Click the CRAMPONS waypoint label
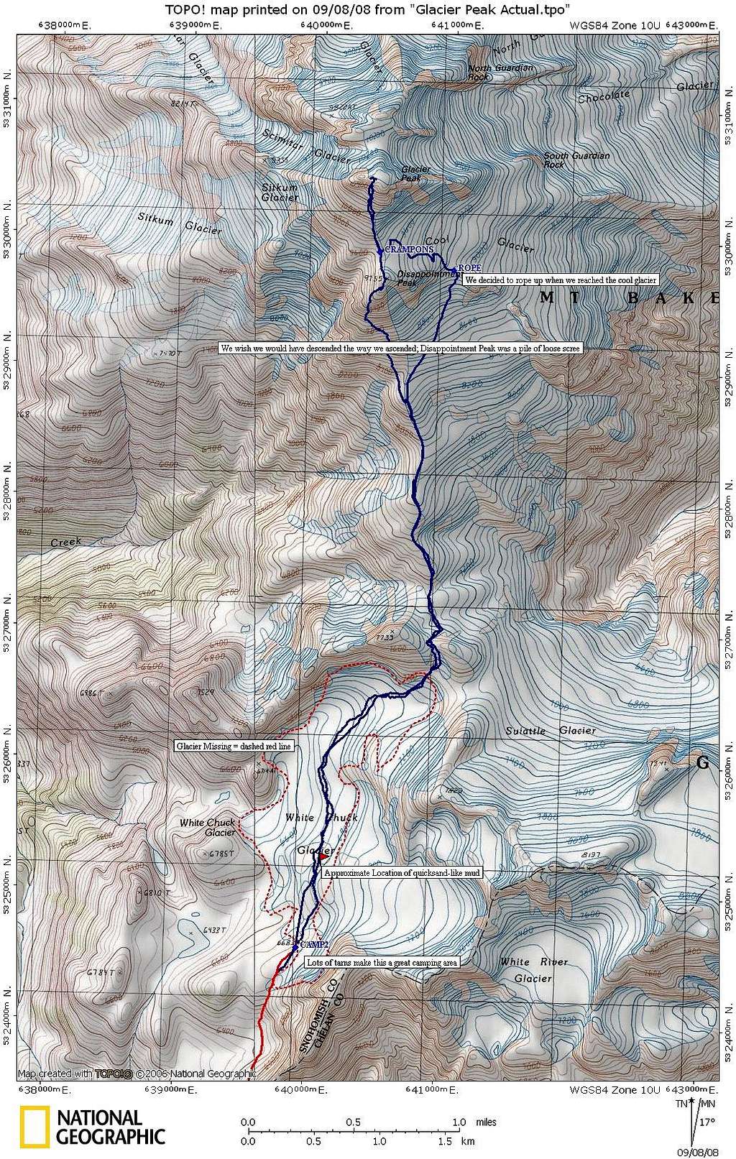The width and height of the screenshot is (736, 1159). pyautogui.click(x=409, y=249)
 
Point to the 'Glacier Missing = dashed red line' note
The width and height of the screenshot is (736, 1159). pyautogui.click(x=234, y=746)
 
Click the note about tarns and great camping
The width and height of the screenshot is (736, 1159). pyautogui.click(x=381, y=962)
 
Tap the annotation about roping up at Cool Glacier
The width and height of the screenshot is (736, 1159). pyautogui.click(x=561, y=280)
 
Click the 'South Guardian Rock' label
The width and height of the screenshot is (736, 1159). pyautogui.click(x=576, y=160)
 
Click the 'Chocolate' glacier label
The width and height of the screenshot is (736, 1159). pyautogui.click(x=604, y=96)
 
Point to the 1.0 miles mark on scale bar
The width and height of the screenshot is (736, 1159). pyautogui.click(x=459, y=1122)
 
